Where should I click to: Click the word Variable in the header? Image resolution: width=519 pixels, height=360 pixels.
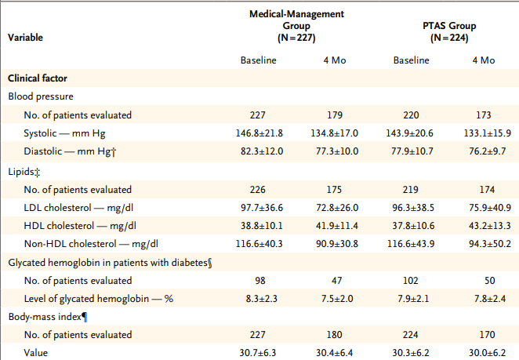click(x=25, y=37)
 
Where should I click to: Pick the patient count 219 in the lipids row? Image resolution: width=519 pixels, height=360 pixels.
click(x=411, y=189)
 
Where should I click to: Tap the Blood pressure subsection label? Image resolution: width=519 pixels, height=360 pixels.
click(x=41, y=96)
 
